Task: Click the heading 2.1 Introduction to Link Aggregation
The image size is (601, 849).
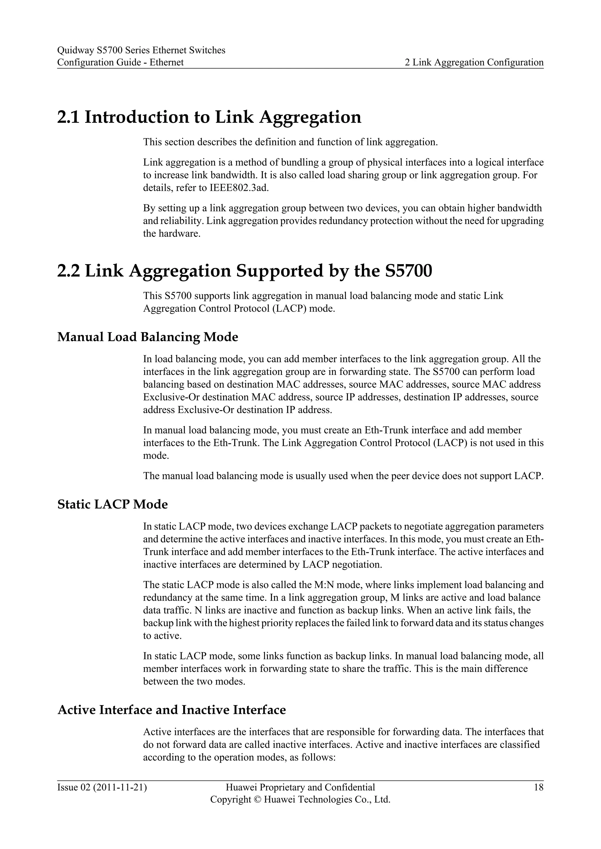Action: point(209,117)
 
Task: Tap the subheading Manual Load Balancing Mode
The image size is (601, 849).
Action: point(148,337)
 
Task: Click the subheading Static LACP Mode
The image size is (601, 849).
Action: point(112,504)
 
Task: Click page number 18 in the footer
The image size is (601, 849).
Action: point(538,787)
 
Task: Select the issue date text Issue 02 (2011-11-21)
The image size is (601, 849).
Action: point(102,787)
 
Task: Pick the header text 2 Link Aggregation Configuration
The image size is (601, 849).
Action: point(474,62)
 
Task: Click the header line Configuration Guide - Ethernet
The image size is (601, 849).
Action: point(120,62)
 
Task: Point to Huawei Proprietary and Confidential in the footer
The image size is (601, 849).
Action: point(300,787)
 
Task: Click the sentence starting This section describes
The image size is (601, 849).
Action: point(290,142)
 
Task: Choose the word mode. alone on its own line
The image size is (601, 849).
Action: point(156,456)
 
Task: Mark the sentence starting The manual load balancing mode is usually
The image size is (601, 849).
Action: point(343,476)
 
